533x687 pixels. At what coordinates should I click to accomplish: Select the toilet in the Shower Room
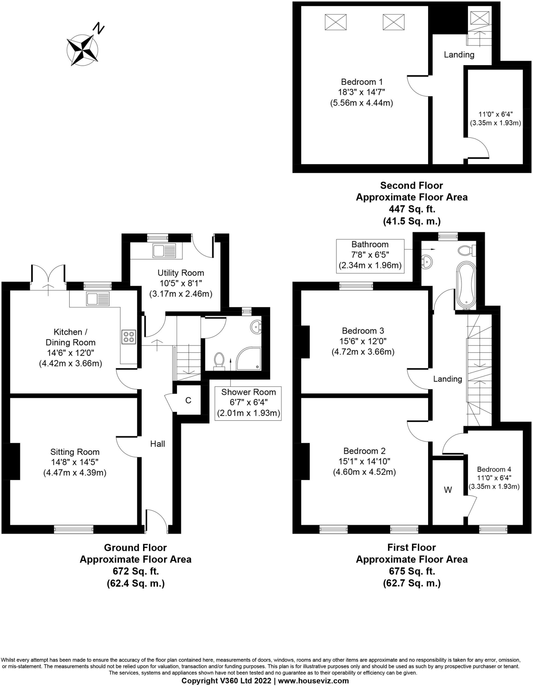[x=219, y=361]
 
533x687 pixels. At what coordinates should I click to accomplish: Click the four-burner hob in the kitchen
[x=129, y=337]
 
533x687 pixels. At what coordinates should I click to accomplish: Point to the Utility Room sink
[x=164, y=251]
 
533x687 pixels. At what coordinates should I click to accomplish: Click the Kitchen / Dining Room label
[x=70, y=337]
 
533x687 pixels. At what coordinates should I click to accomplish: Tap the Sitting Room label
[x=75, y=452]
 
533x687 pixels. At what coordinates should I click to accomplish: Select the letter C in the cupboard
[x=188, y=400]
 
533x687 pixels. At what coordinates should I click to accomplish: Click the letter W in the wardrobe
[x=448, y=490]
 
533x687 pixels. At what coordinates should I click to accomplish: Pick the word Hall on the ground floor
[x=157, y=444]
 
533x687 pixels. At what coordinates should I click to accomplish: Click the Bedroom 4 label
[x=494, y=469]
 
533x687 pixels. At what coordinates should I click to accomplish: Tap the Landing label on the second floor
[x=459, y=55]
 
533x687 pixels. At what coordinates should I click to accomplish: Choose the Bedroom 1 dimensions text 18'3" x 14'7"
[x=361, y=92]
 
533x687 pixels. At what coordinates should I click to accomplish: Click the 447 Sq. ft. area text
[x=412, y=209]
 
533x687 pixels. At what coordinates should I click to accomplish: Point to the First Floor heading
[x=412, y=547]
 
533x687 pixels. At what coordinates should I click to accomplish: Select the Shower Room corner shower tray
[x=249, y=359]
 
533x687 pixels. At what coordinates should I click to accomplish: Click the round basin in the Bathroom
[x=427, y=261]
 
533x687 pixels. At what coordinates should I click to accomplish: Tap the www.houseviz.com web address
[x=313, y=681]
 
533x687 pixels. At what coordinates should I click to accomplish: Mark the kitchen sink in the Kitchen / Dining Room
[x=97, y=299]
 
